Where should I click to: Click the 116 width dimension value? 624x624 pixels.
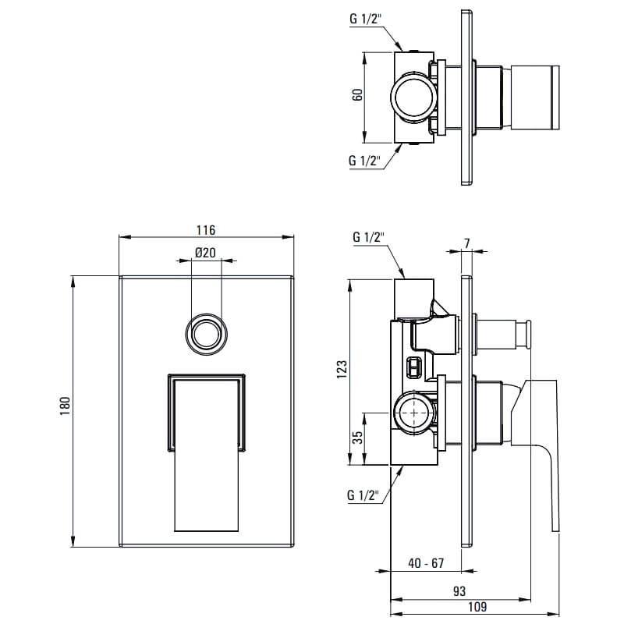(x=206, y=229)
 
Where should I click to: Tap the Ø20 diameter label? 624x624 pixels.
(x=205, y=252)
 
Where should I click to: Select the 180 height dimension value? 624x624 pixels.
(x=65, y=406)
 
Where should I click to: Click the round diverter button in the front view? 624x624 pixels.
(x=206, y=335)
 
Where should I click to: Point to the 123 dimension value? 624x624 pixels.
(x=342, y=369)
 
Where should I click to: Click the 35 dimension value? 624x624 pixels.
(x=358, y=438)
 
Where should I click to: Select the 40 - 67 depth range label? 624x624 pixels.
(x=426, y=563)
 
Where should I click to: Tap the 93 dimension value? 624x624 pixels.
(x=459, y=591)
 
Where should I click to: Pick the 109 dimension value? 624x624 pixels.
(x=477, y=607)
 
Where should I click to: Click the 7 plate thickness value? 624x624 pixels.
(x=466, y=243)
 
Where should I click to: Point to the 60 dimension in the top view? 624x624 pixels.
(x=358, y=94)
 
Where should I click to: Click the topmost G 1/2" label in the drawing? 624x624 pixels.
(x=366, y=19)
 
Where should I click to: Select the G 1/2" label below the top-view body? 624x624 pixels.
(x=364, y=161)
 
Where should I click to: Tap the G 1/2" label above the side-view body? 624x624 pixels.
(x=368, y=237)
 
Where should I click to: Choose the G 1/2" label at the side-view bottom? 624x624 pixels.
(x=363, y=495)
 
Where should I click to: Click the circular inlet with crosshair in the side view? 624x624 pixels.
(x=414, y=413)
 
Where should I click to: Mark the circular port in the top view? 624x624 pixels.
(x=413, y=97)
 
